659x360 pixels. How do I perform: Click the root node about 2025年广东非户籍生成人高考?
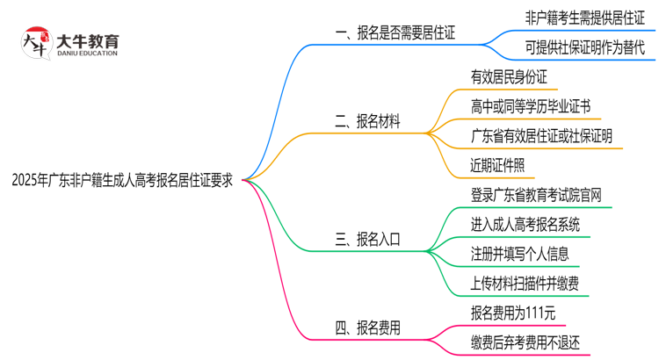coord(122,180)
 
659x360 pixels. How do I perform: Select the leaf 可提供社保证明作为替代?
coord(584,48)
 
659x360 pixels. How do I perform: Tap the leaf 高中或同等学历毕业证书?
coord(530,106)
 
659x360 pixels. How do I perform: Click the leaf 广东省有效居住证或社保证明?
coord(541,136)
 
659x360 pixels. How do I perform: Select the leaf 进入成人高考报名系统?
coord(525,224)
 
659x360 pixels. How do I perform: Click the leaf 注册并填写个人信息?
coord(519,254)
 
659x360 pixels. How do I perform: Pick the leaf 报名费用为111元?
coord(513,312)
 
